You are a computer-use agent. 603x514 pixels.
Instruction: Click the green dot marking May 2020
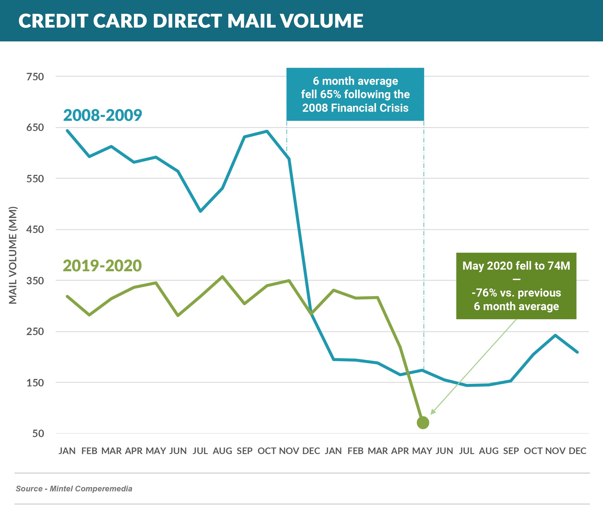(x=423, y=423)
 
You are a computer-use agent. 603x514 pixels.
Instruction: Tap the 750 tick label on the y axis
(x=35, y=77)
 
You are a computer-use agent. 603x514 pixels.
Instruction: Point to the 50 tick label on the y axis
(x=38, y=433)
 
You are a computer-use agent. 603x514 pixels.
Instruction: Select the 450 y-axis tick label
(x=35, y=229)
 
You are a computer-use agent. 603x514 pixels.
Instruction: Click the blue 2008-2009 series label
(x=103, y=115)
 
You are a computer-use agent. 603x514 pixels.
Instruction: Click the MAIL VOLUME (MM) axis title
(x=13, y=255)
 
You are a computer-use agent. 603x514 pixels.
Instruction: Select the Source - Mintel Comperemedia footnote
(x=74, y=488)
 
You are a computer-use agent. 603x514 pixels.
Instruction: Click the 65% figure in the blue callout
(x=330, y=95)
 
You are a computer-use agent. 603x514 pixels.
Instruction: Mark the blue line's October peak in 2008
(x=267, y=131)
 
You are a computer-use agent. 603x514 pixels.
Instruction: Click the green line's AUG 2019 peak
(x=222, y=276)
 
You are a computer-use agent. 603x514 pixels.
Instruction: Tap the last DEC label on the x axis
(x=577, y=451)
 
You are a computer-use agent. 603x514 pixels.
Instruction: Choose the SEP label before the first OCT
(x=244, y=451)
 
